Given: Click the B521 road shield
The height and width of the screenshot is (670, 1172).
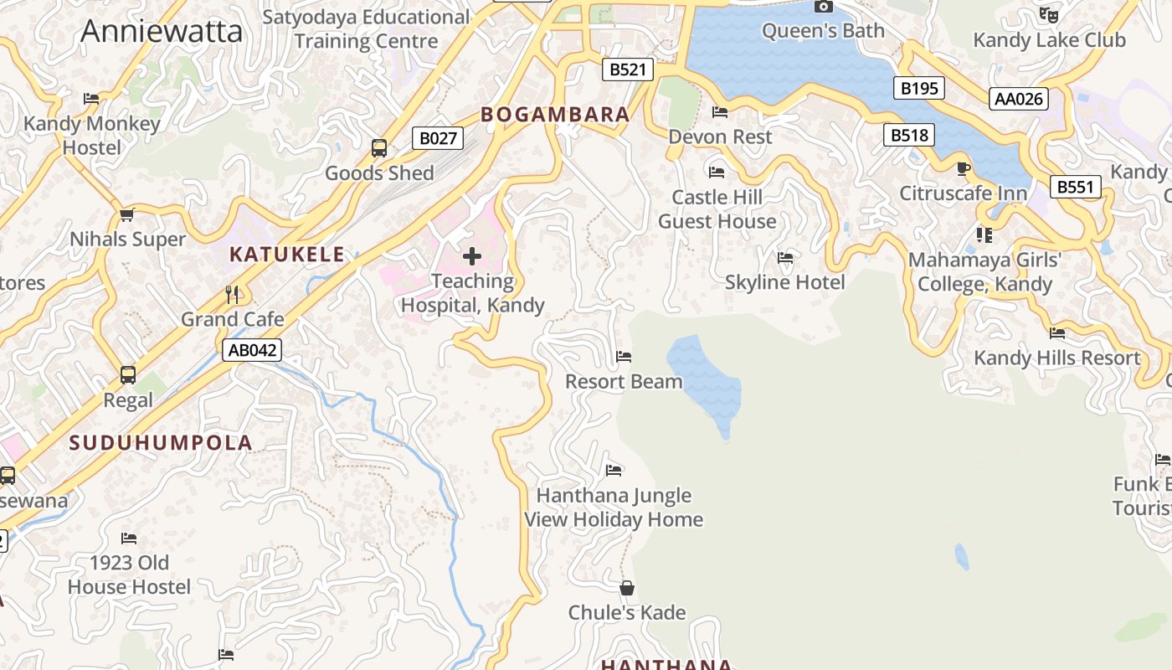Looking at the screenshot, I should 627,70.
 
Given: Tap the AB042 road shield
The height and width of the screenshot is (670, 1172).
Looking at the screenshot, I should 252,350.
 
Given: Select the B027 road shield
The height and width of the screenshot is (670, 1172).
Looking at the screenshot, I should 437,138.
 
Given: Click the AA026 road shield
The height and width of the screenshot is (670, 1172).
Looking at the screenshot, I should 1018,99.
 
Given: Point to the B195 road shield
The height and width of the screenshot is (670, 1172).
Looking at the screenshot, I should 918,88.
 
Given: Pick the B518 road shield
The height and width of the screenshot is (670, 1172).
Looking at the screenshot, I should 908,135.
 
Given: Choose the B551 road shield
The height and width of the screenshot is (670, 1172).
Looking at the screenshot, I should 1075,187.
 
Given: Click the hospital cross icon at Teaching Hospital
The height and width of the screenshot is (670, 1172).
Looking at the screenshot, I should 472,256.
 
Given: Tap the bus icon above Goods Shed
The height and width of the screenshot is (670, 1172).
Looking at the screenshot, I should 379,148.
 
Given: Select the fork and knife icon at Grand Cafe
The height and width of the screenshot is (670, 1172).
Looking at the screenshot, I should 233,294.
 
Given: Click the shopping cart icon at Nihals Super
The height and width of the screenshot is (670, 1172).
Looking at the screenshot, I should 127,214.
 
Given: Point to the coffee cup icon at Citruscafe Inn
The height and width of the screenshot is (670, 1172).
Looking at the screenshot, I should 964,168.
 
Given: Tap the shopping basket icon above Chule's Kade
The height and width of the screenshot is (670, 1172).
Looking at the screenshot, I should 627,588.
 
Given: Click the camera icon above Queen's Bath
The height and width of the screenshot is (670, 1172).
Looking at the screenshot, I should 824,7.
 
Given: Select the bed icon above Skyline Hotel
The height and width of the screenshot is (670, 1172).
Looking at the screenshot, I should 785,257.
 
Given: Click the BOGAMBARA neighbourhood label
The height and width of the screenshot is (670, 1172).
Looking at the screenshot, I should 555,115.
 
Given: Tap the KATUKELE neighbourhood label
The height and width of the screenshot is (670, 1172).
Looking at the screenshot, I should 287,255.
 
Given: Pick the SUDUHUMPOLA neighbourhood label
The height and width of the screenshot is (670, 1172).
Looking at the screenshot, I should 161,443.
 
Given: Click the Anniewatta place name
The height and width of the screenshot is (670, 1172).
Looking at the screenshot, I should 162,31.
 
